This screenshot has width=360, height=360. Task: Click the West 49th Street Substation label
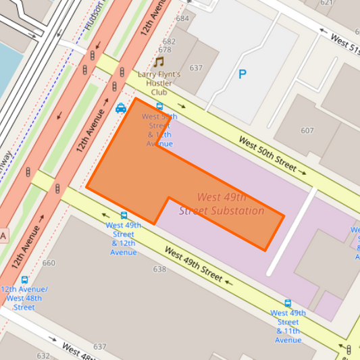coord(222,204)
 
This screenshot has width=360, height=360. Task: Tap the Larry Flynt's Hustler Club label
coord(159,82)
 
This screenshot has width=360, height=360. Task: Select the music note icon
coord(159,61)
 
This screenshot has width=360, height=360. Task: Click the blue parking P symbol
coord(242,75)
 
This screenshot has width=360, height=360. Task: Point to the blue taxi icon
coord(120,107)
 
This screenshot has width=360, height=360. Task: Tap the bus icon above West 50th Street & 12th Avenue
coord(159,107)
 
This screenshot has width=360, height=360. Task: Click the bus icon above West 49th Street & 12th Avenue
coord(124,215)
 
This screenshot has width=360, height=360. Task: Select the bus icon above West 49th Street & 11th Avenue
coord(288,303)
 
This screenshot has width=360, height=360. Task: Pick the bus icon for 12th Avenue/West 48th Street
coord(24,280)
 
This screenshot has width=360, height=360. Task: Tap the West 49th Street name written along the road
coord(193,265)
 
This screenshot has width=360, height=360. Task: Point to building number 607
coord(307,130)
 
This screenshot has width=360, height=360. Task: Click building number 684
coord(182,18)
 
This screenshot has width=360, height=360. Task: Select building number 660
coord(49,263)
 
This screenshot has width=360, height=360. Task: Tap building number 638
coord(159,269)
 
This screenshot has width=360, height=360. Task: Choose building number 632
coord(43,355)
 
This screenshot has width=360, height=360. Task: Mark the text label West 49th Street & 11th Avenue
coord(288,326)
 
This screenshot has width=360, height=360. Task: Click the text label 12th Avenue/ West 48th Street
coord(24,298)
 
